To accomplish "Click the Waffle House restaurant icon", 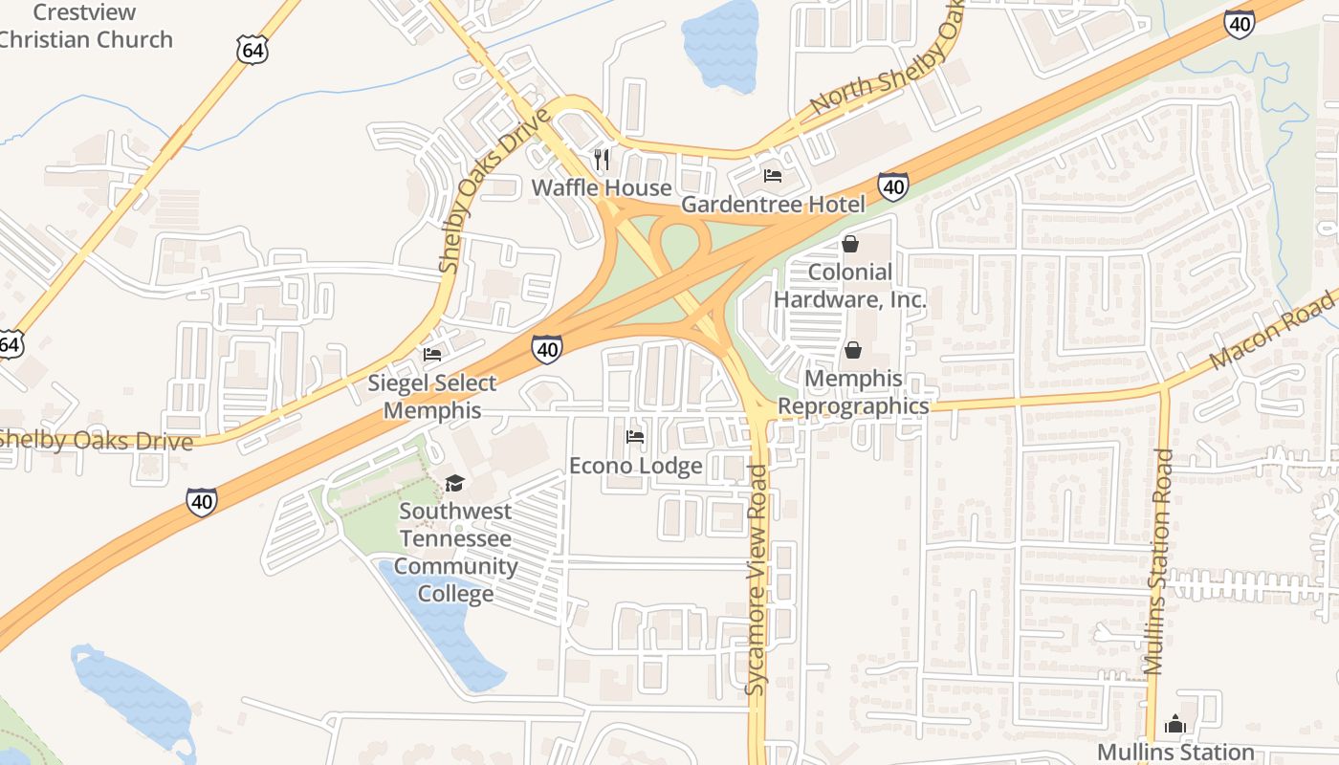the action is tap(602, 159).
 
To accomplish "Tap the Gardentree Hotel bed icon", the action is tap(773, 176).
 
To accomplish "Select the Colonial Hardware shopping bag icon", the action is tap(849, 245).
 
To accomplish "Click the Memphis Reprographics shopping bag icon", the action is tap(852, 351).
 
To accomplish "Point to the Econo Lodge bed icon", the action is tap(634, 438).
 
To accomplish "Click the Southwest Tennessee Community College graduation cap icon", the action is tap(453, 484).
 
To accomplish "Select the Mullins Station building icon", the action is tap(1175, 724).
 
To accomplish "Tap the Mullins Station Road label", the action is tap(1162, 562).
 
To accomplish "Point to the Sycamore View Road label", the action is tap(757, 579).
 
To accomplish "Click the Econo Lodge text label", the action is tap(635, 467).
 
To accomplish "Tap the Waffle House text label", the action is tap(601, 187).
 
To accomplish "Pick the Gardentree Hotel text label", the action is tap(772, 205).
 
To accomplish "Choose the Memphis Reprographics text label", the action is tap(852, 392).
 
